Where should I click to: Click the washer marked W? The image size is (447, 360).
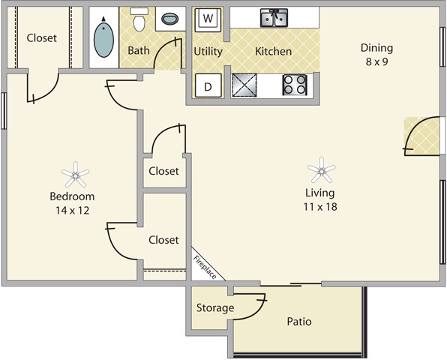208,19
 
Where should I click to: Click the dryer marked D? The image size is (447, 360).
208,85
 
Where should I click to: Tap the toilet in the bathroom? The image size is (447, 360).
139,19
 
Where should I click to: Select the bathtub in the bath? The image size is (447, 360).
103,37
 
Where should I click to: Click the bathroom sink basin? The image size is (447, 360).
170,19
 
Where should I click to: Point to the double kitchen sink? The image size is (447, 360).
274,18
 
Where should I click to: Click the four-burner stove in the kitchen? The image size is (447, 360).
295,85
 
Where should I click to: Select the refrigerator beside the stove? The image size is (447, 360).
244,85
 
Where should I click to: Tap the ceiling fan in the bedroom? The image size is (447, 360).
75,175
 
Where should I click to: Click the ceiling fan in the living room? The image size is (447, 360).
322,170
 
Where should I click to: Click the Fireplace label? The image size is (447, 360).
205,267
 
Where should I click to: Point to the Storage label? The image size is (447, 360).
215,307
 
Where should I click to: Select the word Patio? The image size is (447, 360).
299,322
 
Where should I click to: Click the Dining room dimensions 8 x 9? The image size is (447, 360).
376,61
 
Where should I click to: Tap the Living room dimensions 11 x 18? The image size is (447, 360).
320,207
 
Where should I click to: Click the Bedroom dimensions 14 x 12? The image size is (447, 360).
73,211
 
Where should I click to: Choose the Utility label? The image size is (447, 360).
208,52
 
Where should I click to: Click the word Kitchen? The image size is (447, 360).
274,51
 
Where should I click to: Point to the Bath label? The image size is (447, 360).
139,50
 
